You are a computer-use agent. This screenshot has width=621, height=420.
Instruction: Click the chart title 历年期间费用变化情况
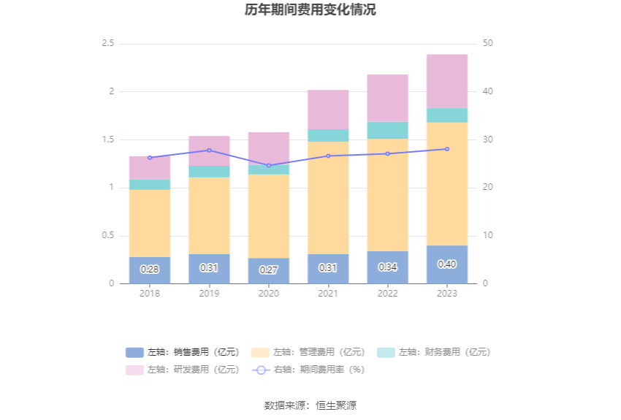tap(310, 10)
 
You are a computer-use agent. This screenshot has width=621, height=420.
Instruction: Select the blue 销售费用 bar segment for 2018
tap(150, 270)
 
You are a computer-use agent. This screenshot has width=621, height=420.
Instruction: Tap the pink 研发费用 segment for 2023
tap(447, 81)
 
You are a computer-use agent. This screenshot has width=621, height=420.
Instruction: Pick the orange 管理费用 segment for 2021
tap(328, 197)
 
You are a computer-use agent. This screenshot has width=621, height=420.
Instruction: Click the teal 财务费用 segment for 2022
tap(387, 131)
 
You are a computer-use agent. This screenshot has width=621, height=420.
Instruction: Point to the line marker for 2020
tap(268, 166)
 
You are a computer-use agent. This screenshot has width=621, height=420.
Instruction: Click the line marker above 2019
tap(209, 150)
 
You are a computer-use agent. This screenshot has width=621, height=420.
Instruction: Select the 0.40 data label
tap(447, 264)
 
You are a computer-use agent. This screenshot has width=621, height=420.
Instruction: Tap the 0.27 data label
tap(268, 270)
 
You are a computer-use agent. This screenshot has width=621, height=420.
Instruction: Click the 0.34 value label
tap(387, 267)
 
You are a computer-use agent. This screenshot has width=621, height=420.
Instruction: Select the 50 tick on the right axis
tap(488, 44)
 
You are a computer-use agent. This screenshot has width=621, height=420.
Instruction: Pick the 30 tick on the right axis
tap(488, 140)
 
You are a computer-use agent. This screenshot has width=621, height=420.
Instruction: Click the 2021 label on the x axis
tap(328, 294)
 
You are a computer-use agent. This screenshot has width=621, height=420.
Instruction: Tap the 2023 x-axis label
tap(447, 294)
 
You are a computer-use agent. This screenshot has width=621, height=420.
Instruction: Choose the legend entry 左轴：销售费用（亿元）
tap(183, 352)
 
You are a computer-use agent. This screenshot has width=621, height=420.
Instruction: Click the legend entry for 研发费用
tap(183, 370)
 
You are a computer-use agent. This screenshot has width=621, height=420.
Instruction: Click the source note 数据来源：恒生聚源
tap(310, 405)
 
